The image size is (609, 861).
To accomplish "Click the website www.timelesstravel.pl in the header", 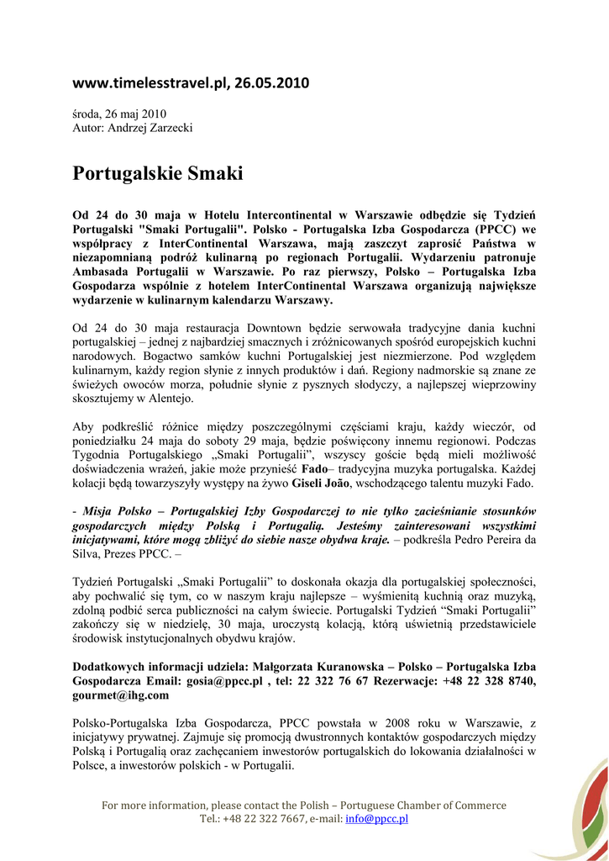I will tap(150, 82).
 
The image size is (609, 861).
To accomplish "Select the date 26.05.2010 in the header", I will tap(271, 82).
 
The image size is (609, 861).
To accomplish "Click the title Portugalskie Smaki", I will tap(157, 174).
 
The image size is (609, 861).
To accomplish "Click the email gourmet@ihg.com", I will tap(121, 695).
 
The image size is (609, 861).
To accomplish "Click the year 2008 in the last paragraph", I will tap(402, 723).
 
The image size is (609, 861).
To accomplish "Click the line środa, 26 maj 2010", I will tap(119, 114).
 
